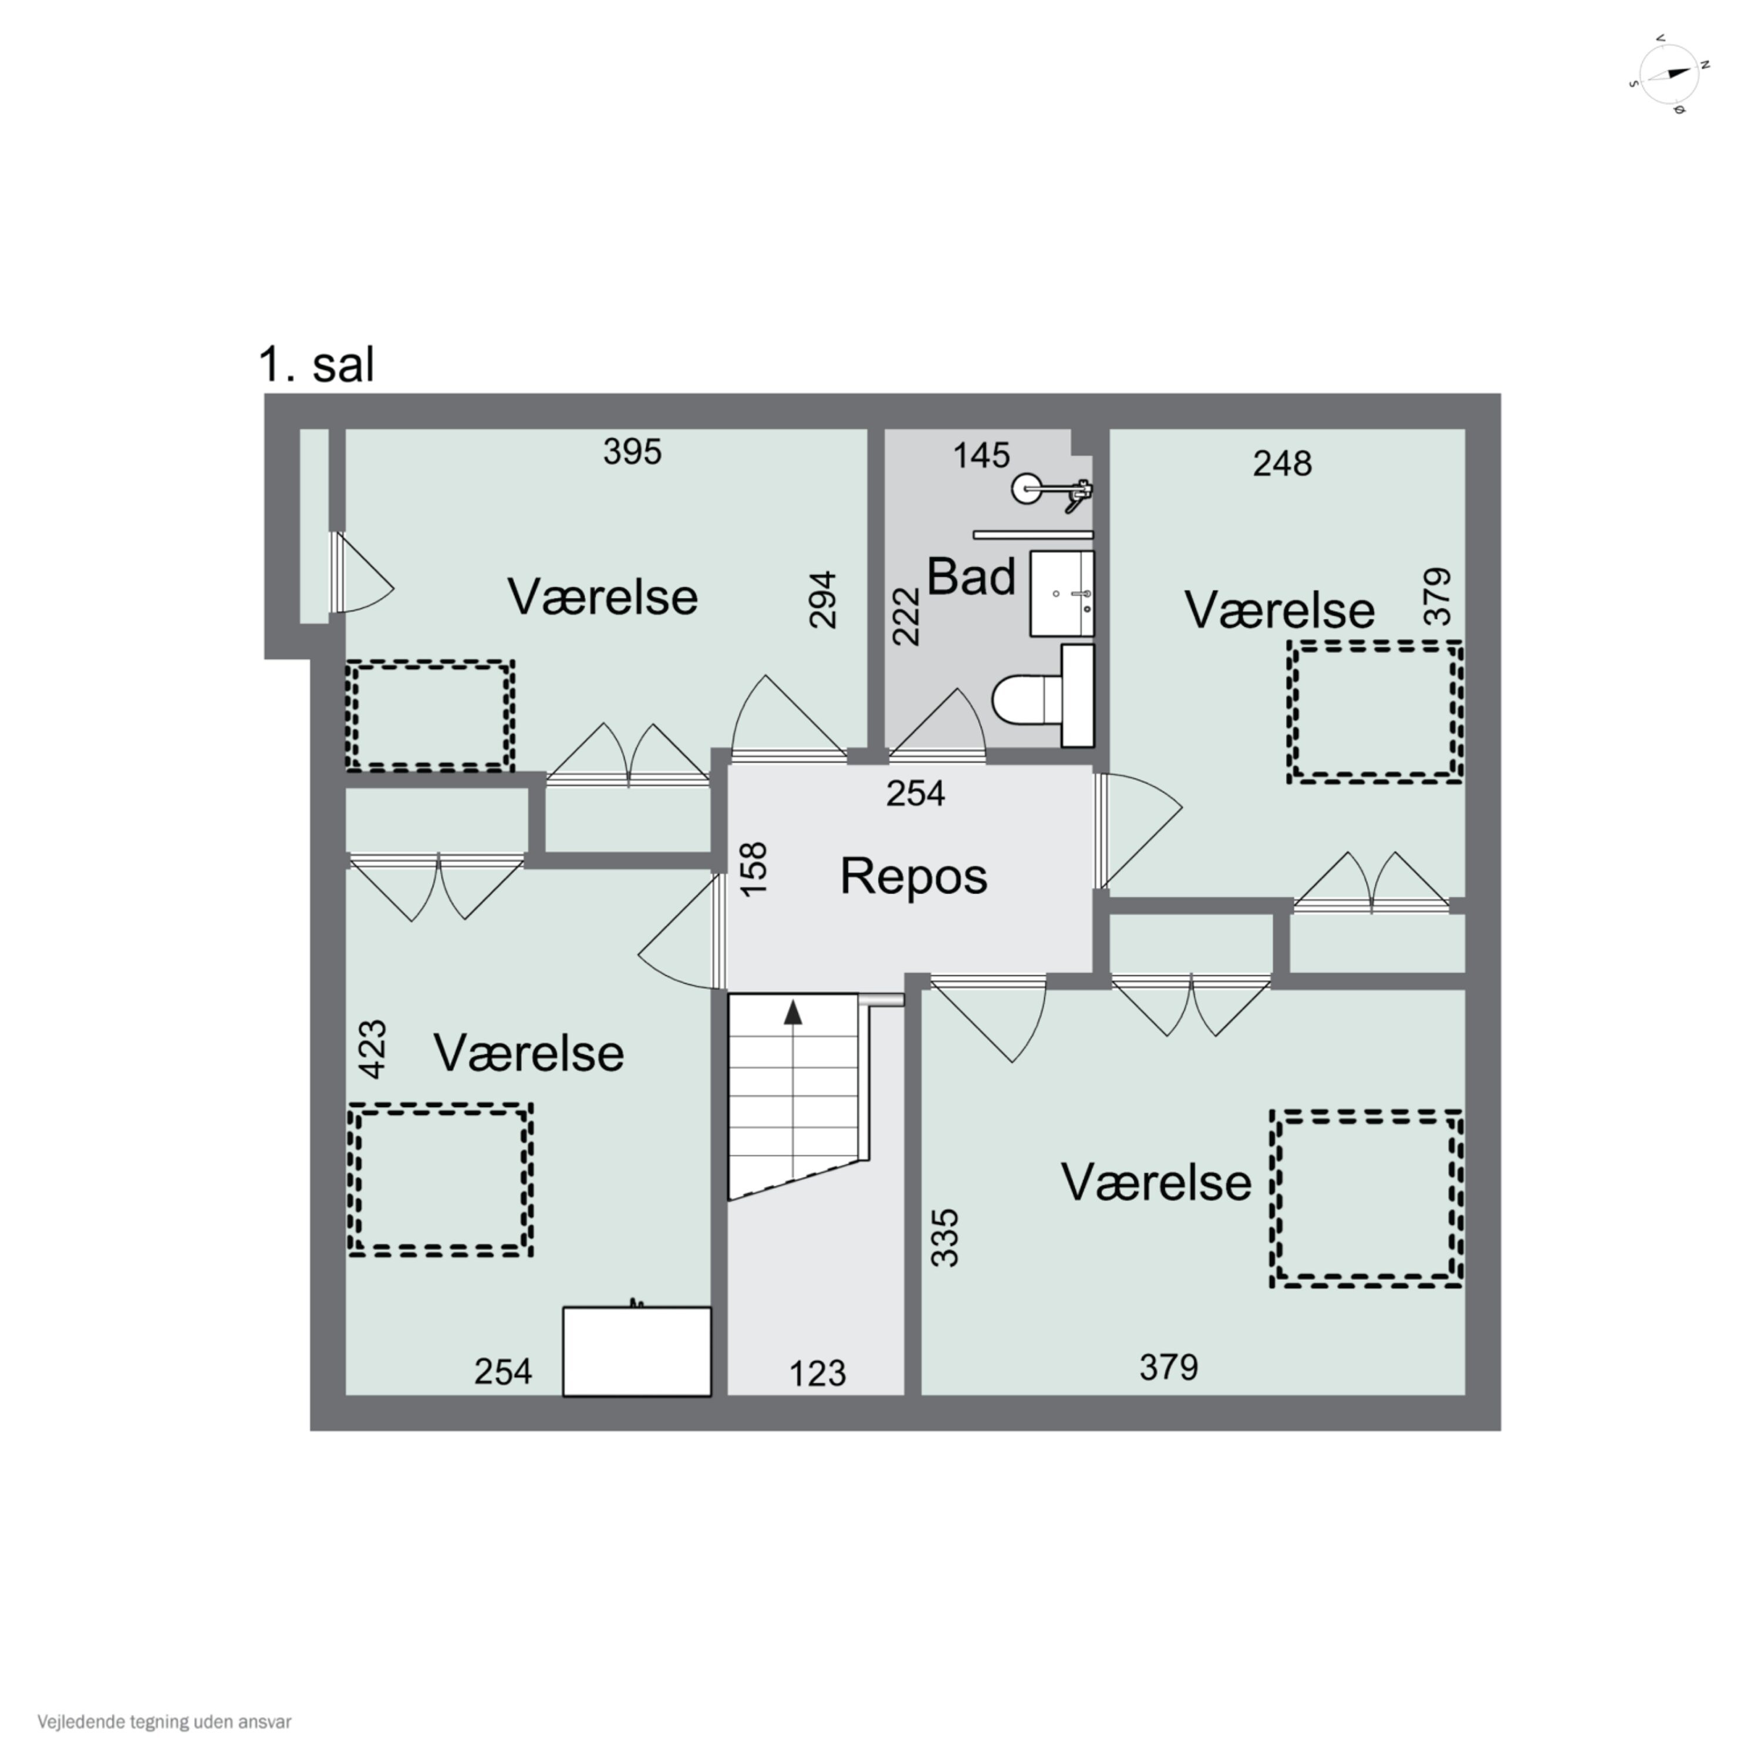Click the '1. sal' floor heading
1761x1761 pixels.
316,366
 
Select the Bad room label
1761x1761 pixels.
971,577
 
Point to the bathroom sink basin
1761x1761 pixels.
1062,593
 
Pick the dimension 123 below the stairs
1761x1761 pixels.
818,1373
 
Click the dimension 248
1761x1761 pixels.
1283,463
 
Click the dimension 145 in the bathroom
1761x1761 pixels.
981,455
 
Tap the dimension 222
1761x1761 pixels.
906,616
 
